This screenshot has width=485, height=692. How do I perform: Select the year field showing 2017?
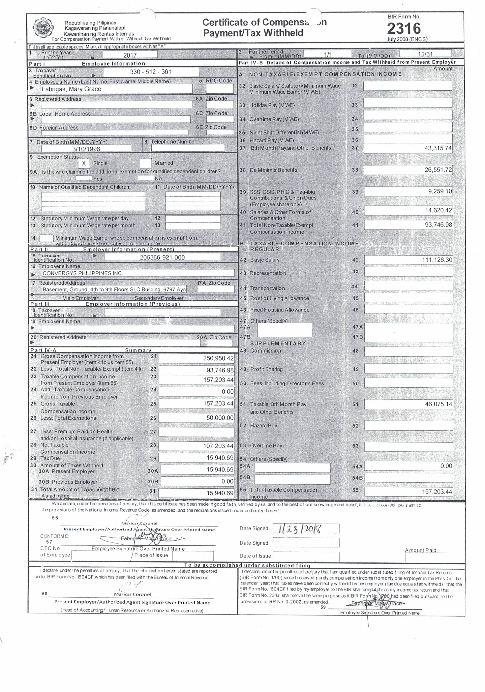coord(130,55)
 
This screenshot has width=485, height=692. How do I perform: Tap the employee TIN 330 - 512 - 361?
coord(151,72)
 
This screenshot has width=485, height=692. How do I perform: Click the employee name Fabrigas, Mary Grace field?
coord(116,89)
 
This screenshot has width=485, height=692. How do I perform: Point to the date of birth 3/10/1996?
coord(86,149)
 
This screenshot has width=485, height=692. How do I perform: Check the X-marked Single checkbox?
coord(84,163)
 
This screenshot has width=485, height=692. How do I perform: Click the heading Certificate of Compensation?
coord(264,23)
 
